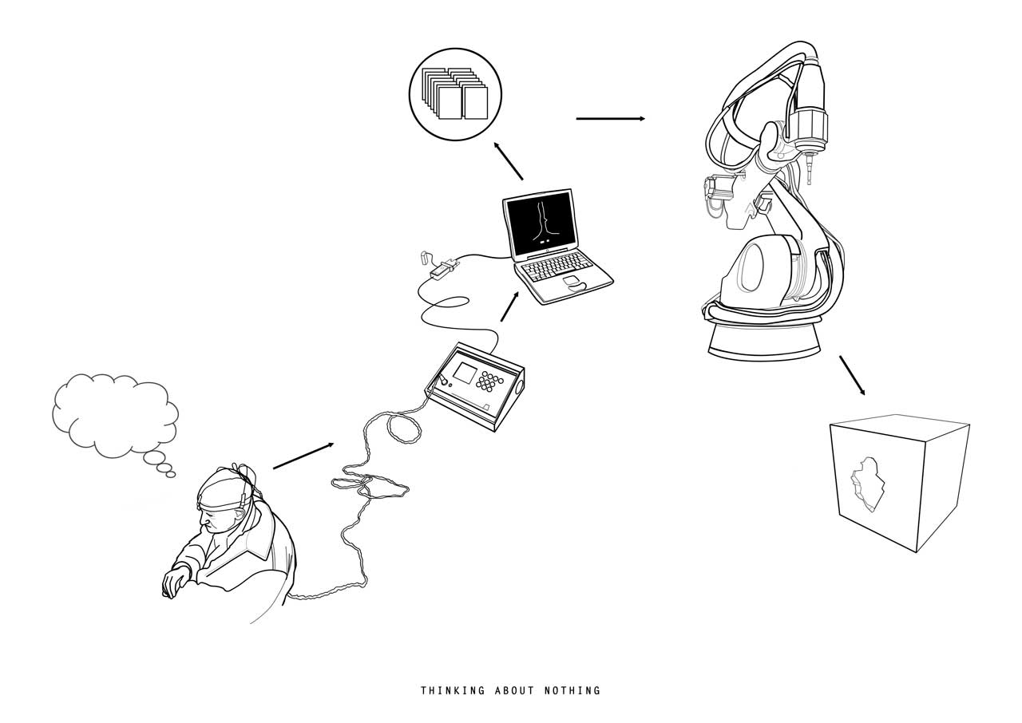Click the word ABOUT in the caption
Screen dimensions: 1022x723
[515, 690]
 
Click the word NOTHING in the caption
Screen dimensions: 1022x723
[572, 690]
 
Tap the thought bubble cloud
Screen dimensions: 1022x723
[115, 415]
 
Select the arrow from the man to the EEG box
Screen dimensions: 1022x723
[303, 456]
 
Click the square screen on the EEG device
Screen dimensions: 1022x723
[465, 373]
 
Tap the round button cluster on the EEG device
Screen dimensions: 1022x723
[489, 381]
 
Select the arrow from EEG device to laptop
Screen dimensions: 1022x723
[509, 306]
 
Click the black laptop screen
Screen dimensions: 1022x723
[541, 223]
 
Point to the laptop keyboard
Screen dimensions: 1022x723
[557, 266]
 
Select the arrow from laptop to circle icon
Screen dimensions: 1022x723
[509, 161]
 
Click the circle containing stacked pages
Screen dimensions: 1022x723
[455, 94]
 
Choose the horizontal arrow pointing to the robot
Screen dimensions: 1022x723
[611, 119]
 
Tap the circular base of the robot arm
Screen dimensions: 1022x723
[764, 341]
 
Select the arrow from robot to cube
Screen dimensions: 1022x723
[852, 376]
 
